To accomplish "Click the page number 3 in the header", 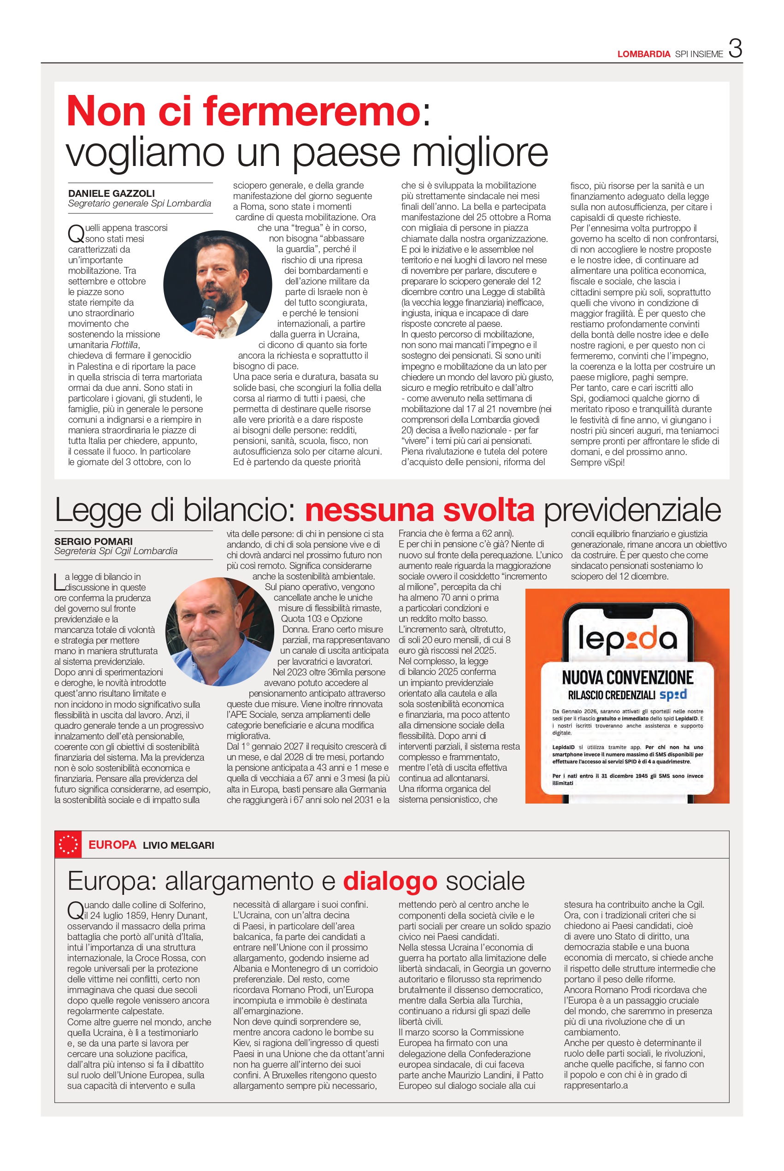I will click(735, 49).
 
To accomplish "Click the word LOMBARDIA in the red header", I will click(643, 54).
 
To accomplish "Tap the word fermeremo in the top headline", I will click(312, 111).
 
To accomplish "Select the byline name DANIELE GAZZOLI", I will click(112, 193).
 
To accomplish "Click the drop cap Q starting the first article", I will click(76, 232).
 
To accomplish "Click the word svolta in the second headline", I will click(489, 510).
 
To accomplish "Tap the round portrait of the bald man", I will click(220, 632).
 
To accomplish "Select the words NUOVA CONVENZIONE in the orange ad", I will click(627, 678).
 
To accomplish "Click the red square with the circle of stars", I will click(69, 845).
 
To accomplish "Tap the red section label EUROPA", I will click(112, 845).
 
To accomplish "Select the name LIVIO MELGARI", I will click(178, 845).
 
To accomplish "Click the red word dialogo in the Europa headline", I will click(390, 881).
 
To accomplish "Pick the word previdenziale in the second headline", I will click(632, 510).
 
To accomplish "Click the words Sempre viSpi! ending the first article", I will click(597, 462).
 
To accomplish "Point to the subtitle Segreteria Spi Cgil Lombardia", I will click(116, 551).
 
